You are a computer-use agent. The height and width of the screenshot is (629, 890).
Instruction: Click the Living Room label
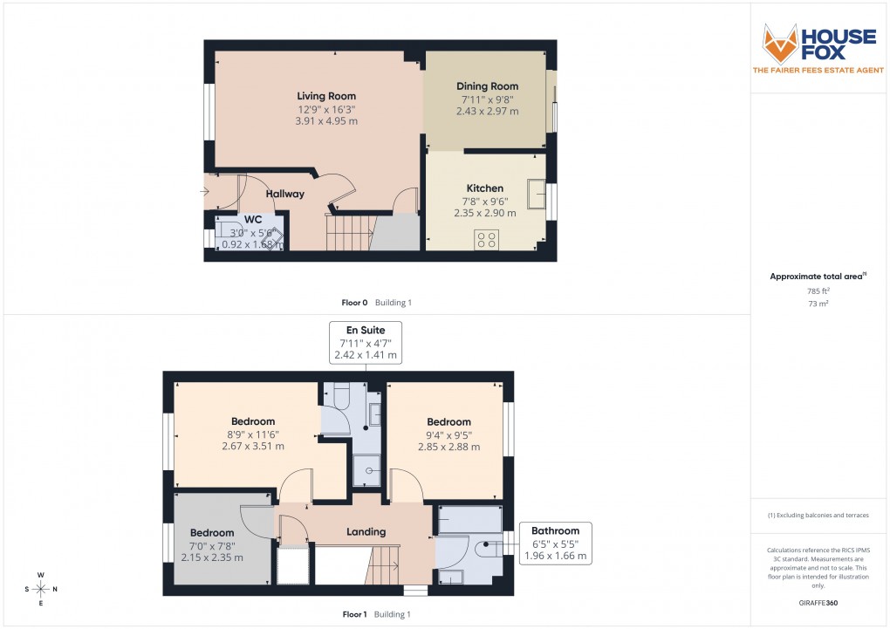point(326,96)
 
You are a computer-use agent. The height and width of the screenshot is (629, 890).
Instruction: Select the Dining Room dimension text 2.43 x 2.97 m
point(487,112)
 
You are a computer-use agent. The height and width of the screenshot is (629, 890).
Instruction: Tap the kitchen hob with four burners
point(486,239)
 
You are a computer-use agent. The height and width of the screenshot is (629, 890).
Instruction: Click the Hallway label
point(285,194)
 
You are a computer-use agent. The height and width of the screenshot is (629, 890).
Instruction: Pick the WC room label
point(253,219)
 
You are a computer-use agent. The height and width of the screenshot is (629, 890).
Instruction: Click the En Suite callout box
point(365,342)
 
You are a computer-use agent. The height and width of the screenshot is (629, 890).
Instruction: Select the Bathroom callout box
point(555,543)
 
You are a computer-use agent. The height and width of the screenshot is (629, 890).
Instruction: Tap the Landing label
point(366,531)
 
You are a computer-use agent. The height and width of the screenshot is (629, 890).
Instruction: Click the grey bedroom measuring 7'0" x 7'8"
point(212,544)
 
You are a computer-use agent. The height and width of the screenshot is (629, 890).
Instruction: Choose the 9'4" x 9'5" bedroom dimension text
point(449,434)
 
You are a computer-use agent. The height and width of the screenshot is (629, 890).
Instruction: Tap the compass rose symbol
point(40,589)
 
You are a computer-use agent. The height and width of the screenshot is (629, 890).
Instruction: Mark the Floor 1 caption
point(355,614)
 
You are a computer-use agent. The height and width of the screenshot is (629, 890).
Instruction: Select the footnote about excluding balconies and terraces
point(818,516)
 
